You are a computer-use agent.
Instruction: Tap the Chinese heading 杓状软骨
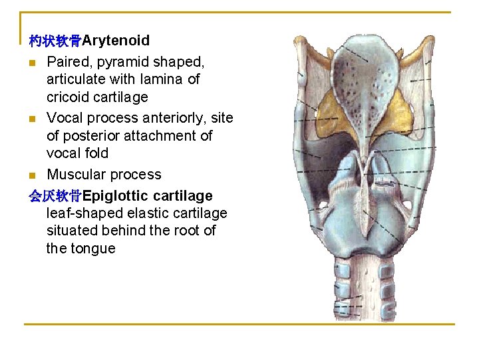55,41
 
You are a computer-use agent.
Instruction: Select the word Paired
67,61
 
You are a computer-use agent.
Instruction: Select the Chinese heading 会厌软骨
55,196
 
